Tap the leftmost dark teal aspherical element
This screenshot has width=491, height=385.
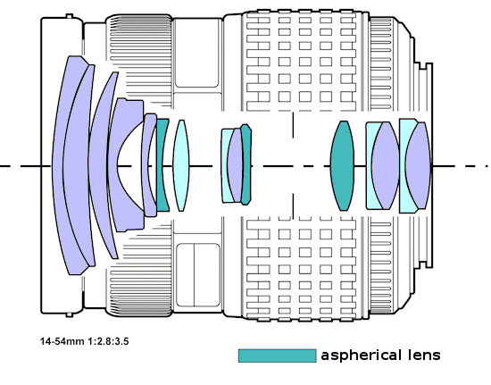click(x=162, y=165)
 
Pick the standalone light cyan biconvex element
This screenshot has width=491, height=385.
click(x=181, y=165)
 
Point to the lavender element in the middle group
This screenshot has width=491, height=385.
click(x=235, y=165)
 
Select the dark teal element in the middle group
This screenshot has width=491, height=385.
click(x=246, y=164)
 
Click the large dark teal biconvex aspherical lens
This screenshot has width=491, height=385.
click(x=343, y=165)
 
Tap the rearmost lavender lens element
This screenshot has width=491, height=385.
click(x=418, y=165)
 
